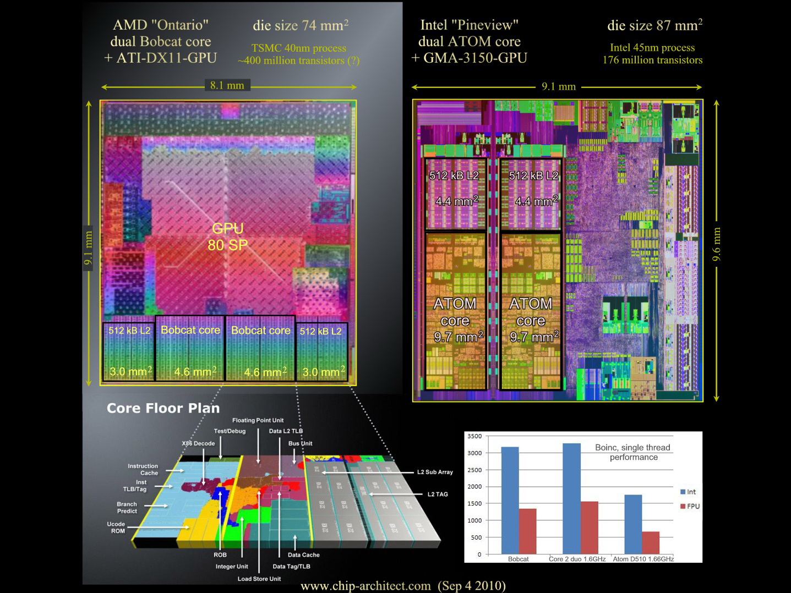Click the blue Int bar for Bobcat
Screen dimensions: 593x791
point(510,501)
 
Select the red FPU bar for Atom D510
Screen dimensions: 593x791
point(651,542)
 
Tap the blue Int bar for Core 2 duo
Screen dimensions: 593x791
point(571,498)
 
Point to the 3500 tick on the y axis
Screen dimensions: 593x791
point(474,436)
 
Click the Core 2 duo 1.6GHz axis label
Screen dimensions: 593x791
point(577,559)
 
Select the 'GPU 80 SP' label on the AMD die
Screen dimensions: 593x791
point(228,237)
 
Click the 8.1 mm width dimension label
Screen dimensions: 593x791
point(227,85)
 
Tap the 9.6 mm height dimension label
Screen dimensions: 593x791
point(717,244)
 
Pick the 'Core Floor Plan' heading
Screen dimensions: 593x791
point(163,408)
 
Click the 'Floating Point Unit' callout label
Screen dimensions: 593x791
point(258,420)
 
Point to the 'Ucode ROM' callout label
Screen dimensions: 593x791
point(116,528)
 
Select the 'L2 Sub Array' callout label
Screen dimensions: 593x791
point(435,472)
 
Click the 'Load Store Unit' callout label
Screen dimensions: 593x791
point(259,579)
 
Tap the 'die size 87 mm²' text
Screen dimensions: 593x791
point(654,25)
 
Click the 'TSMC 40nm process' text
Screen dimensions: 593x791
point(299,48)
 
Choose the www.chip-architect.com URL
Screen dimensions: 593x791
point(366,586)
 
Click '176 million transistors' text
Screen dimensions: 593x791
point(652,60)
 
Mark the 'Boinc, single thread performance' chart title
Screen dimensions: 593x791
point(632,452)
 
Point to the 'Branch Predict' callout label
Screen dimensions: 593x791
point(127,507)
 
